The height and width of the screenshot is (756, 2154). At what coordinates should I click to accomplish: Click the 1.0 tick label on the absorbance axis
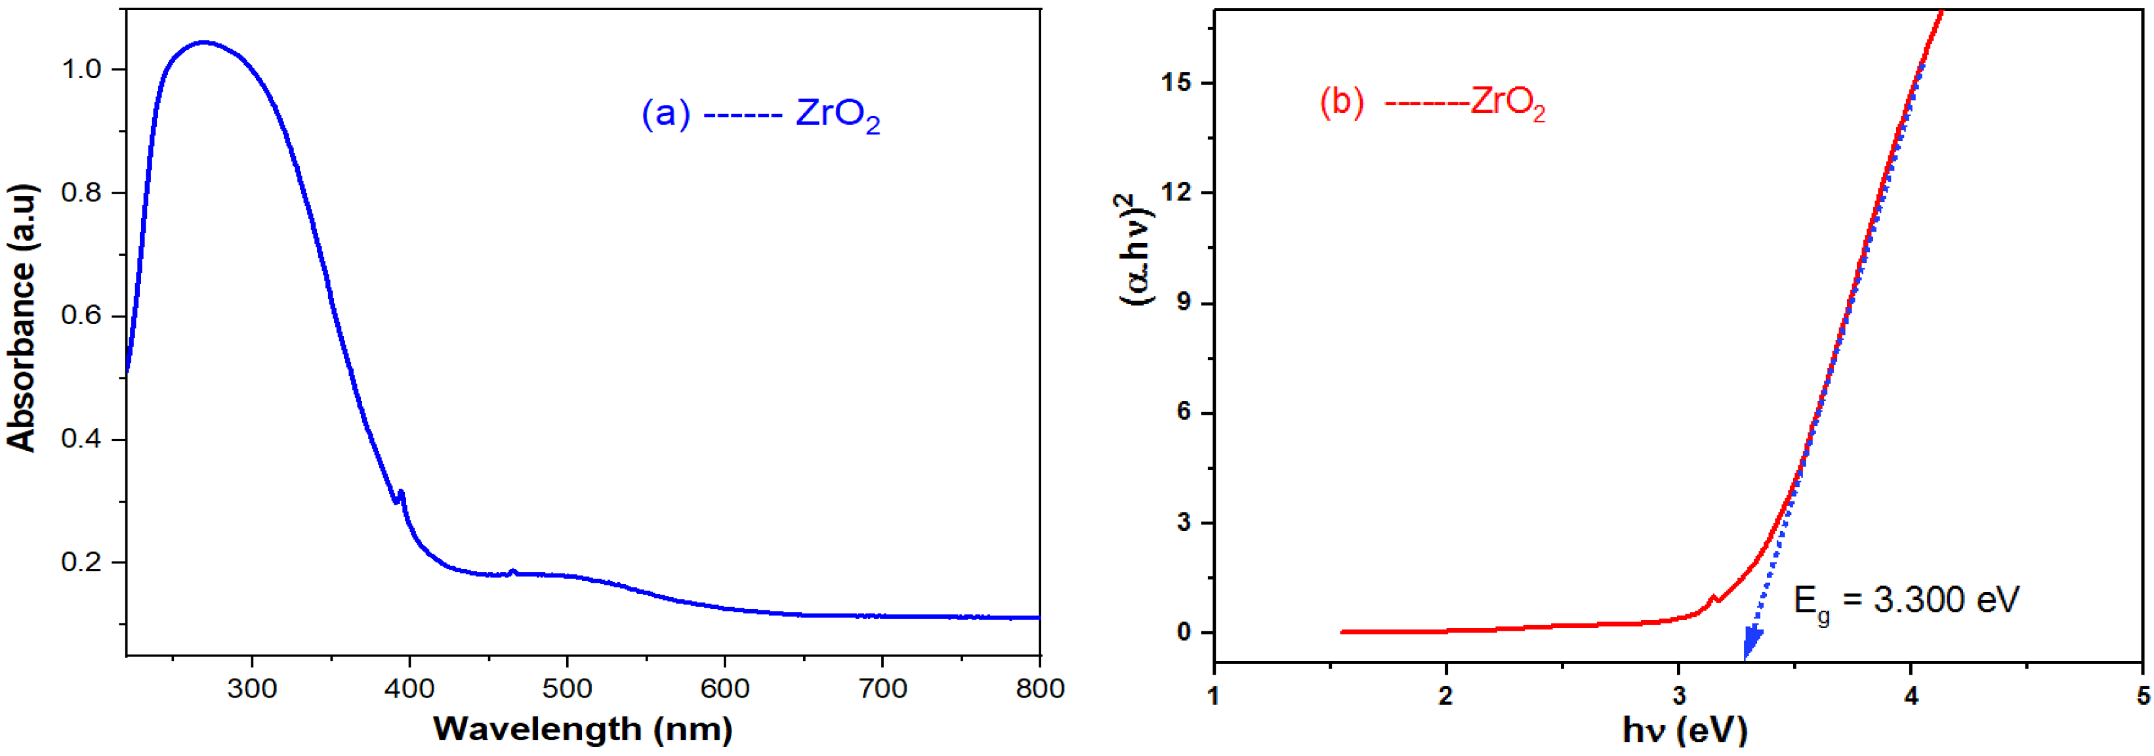click(x=81, y=70)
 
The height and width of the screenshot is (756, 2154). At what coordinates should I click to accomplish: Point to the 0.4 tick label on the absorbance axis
click(x=81, y=439)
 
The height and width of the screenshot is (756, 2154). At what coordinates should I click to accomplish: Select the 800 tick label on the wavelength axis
click(x=1039, y=689)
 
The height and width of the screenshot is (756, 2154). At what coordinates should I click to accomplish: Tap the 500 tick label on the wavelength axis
click(x=567, y=689)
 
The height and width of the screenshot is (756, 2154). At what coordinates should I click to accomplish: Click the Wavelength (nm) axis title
click(x=583, y=729)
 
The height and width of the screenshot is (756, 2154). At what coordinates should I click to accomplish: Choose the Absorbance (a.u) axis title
click(x=22, y=318)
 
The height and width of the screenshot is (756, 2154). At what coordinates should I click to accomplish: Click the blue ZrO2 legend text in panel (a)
click(x=837, y=115)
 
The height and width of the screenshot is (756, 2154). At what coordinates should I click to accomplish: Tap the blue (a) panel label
click(x=665, y=113)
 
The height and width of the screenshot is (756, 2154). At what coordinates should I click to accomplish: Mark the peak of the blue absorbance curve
click(x=203, y=42)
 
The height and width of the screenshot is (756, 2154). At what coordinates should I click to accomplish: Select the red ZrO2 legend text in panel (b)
click(x=1508, y=103)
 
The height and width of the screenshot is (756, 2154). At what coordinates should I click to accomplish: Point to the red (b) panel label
click(x=1341, y=102)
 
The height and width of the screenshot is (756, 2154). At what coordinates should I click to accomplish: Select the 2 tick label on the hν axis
click(x=1446, y=696)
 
